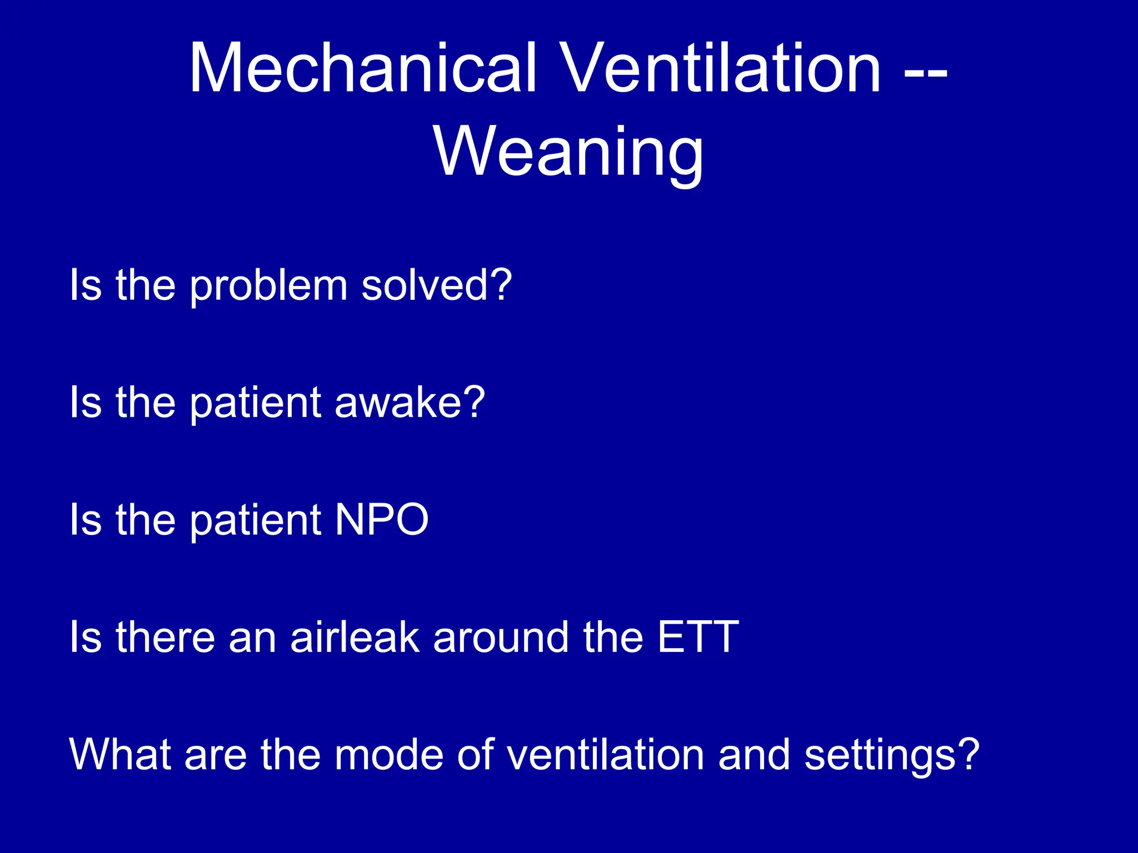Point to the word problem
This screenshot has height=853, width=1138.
pos(269,286)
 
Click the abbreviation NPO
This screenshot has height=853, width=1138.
pos(382,520)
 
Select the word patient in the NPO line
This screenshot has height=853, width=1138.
pos(256,521)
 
